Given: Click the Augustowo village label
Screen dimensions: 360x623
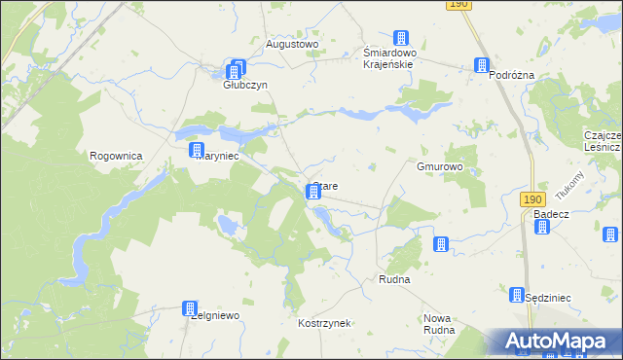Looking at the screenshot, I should click(x=292, y=45).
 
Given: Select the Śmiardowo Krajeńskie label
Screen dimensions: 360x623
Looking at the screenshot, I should click(x=389, y=58).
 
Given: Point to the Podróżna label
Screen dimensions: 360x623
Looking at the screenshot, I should click(x=515, y=75).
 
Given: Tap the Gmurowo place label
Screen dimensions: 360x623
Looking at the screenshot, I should click(x=440, y=167).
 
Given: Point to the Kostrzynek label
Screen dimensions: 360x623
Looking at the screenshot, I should click(x=324, y=322).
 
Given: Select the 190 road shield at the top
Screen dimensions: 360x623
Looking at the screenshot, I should click(x=460, y=5).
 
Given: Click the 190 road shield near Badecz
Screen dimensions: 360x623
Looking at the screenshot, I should click(x=531, y=199).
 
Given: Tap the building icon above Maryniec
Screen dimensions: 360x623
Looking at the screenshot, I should click(x=198, y=150).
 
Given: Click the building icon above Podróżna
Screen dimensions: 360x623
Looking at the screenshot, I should click(x=481, y=65).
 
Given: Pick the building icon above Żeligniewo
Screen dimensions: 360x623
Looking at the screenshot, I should click(x=190, y=308).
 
